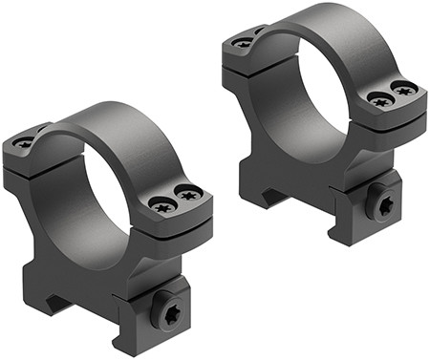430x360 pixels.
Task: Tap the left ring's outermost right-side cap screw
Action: tap(189, 196)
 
